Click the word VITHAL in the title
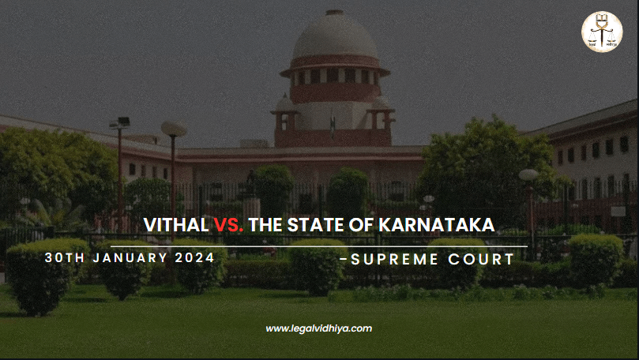pyautogui.click(x=176, y=225)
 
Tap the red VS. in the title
pyautogui.click(x=229, y=225)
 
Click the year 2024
pyautogui.click(x=195, y=258)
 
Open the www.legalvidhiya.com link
pyautogui.click(x=318, y=328)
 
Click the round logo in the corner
pyautogui.click(x=602, y=32)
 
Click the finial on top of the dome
pyautogui.click(x=335, y=11)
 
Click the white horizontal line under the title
pyautogui.click(x=319, y=246)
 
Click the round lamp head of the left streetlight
pyautogui.click(x=174, y=129)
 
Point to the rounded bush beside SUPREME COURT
pyautogui.click(x=595, y=259)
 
